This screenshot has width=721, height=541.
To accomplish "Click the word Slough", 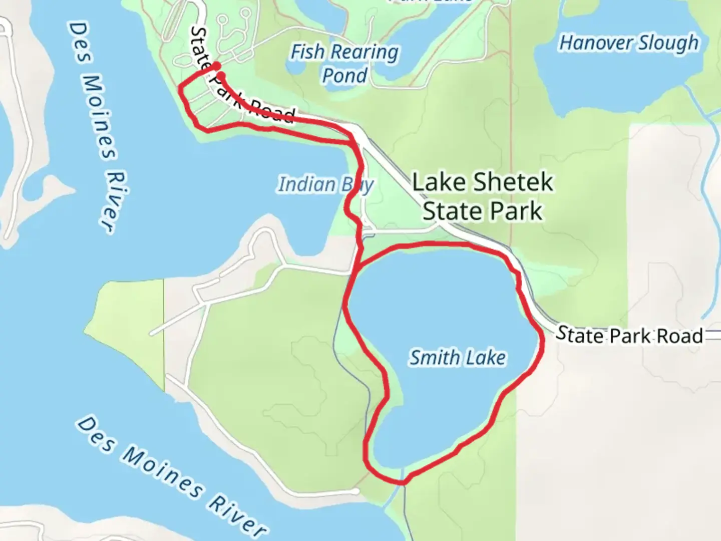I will (668, 43).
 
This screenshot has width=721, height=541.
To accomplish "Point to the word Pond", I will (344, 76).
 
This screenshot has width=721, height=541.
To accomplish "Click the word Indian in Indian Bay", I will (307, 184).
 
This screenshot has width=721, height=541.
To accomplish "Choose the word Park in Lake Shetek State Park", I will (517, 211).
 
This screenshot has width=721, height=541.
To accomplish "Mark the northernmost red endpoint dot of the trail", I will (216, 66).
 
